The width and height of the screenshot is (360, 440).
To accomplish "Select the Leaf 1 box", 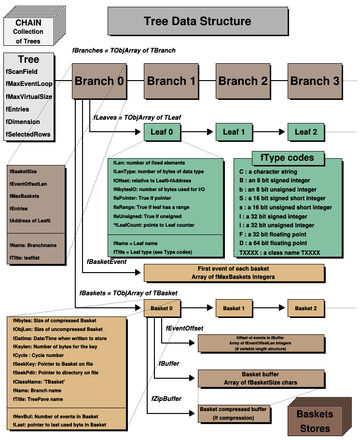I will tap(233, 132).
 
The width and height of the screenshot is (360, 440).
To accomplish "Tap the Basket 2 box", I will tap(305, 308).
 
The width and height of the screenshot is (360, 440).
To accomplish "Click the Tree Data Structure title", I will tap(197, 21).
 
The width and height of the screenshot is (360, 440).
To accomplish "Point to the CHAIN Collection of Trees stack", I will tap(28, 32).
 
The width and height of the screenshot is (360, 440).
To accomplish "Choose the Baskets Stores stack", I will tap(315, 420).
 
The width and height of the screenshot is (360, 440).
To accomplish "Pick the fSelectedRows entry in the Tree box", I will tap(28, 134).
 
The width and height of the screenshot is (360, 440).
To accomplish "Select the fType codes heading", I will tap(287, 158).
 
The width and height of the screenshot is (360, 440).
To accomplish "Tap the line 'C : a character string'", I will tap(268, 172).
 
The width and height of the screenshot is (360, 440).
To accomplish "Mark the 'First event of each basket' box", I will tap(234, 272).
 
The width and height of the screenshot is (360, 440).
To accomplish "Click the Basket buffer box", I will tap(260, 378).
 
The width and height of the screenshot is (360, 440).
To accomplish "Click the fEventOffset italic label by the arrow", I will tap(184, 328).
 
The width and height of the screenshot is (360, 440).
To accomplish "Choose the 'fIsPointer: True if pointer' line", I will tap(143, 198).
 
